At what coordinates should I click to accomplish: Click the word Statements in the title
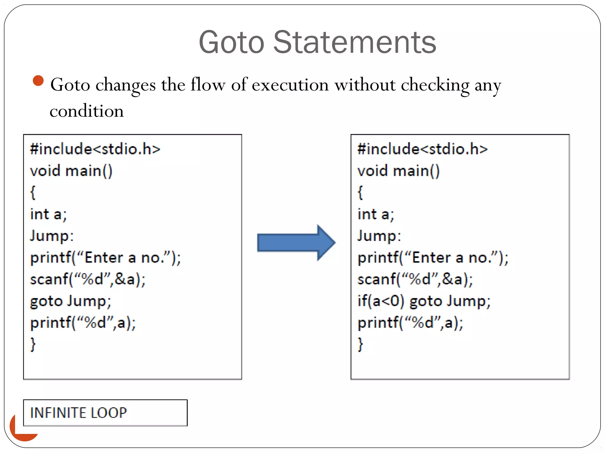tap(354, 43)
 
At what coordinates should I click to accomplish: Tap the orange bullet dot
tap(38, 80)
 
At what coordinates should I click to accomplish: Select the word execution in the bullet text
tap(290, 85)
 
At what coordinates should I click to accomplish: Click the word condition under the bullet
tap(87, 111)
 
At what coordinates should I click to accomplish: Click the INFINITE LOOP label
tap(79, 413)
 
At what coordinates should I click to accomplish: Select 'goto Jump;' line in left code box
tap(71, 301)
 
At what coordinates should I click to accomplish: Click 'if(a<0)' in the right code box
tap(380, 301)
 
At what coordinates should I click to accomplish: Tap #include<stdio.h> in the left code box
tap(95, 149)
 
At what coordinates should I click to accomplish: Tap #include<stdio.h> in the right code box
tap(422, 149)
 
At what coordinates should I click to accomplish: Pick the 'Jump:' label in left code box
tap(52, 236)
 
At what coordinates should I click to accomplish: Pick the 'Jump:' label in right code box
tap(379, 236)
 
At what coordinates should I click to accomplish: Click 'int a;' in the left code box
tap(48, 214)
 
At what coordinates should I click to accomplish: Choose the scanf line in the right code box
tap(415, 279)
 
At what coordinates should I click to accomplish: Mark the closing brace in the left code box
tap(33, 344)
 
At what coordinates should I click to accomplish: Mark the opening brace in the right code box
tap(360, 193)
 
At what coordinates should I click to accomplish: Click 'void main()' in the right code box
tap(399, 171)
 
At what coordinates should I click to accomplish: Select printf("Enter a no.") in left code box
tap(105, 258)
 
